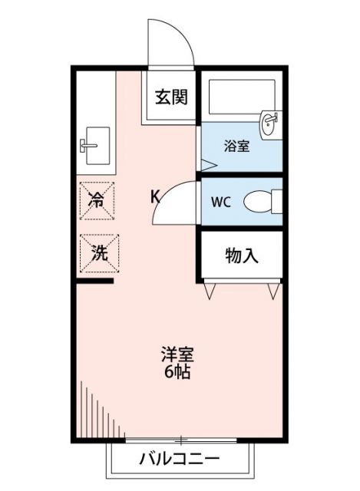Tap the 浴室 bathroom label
point(236,147)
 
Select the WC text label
point(220,203)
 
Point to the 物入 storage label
point(241,255)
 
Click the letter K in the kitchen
point(154,196)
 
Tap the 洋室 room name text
point(177,356)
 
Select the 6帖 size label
point(177,374)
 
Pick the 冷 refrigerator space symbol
point(97,200)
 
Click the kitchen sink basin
point(96,143)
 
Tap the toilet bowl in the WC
point(261,203)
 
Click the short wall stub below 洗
point(95,282)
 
